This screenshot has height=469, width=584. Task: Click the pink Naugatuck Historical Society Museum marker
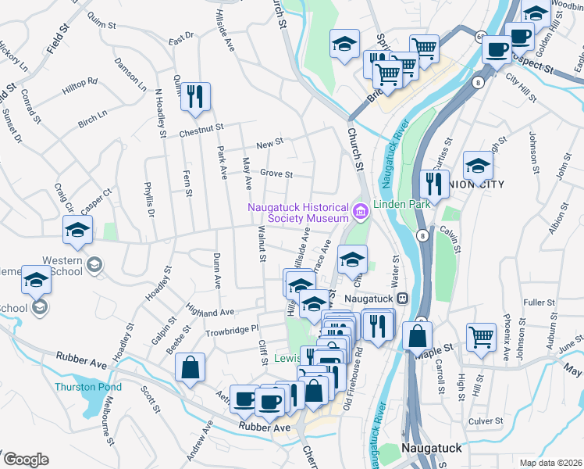click(x=360, y=210)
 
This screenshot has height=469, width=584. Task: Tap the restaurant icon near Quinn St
click(x=194, y=97)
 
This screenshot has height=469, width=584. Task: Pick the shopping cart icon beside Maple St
click(x=481, y=337)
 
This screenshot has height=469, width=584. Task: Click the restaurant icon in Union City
click(x=432, y=184)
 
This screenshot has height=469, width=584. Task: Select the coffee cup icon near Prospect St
click(x=495, y=50)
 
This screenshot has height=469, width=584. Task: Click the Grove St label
click(x=276, y=174)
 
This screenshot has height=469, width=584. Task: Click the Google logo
click(x=25, y=460)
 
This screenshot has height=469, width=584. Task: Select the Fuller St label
click(x=539, y=302)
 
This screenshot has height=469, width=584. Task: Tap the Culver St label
click(x=485, y=421)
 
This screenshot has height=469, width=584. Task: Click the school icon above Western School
click(x=77, y=229)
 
